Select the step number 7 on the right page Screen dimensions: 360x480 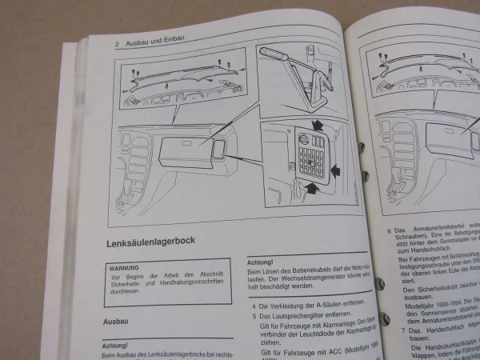(386, 328)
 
